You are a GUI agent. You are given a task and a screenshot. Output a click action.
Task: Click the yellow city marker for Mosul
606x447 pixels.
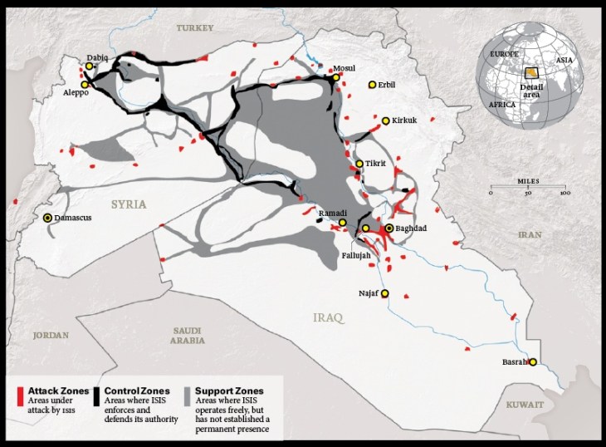click(335, 77)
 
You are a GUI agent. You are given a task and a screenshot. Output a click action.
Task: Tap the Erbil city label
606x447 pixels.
click(386, 85)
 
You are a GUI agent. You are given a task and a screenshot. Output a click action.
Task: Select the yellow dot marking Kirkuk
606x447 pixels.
click(385, 120)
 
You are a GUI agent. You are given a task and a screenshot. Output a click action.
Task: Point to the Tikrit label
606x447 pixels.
click(376, 164)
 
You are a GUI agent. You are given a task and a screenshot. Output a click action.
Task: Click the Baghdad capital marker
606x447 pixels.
click(389, 228)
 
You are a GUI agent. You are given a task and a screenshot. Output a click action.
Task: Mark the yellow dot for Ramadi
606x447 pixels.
click(342, 223)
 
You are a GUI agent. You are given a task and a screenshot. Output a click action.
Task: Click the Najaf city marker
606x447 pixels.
click(384, 293)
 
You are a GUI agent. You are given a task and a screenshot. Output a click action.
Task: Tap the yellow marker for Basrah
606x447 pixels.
click(533, 362)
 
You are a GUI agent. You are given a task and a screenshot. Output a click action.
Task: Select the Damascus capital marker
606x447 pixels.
click(47, 218)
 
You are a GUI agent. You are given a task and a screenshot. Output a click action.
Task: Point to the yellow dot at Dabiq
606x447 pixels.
click(90, 66)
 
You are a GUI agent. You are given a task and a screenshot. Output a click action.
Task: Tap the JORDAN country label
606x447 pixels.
click(49, 336)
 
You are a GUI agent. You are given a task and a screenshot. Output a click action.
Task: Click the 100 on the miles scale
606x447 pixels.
click(564, 194)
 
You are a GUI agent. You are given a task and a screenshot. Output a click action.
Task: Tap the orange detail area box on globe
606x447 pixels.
click(530, 74)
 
